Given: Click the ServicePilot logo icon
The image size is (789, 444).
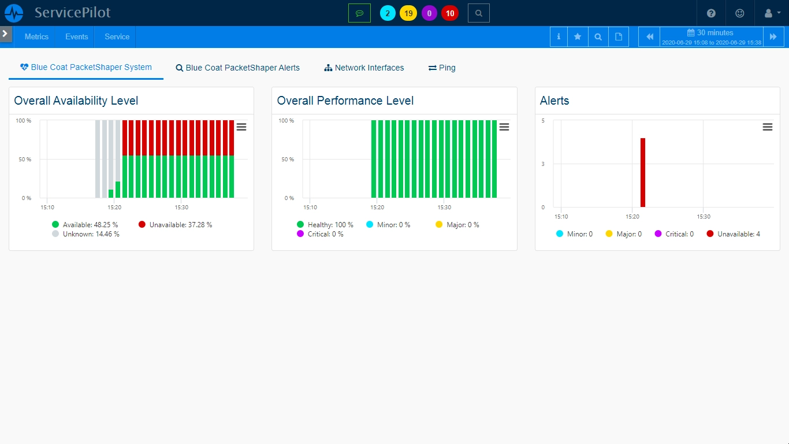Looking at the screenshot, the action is (14, 13).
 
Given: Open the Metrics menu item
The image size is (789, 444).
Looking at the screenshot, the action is (36, 36).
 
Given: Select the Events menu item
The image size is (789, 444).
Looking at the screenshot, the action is (76, 36).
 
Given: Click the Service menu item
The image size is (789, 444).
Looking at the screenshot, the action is (117, 36).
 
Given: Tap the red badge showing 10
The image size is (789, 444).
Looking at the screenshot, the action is (450, 13).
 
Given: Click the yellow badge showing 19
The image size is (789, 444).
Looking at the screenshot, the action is (408, 13).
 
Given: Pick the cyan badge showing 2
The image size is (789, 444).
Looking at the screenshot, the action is (388, 13).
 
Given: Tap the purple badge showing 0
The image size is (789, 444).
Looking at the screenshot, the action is (429, 13).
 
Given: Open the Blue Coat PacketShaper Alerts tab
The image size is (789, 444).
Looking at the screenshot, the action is (238, 68).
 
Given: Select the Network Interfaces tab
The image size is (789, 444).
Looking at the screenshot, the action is (364, 68).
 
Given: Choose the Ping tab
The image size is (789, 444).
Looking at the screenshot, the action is (442, 68).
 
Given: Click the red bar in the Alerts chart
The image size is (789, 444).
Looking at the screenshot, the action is (642, 172).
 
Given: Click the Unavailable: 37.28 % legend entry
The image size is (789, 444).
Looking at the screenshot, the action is (176, 225).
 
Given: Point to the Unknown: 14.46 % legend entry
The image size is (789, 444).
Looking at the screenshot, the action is (85, 234).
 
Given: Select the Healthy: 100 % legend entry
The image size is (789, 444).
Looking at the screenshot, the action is (325, 225).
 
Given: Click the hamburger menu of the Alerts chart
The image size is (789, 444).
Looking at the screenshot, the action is (767, 127).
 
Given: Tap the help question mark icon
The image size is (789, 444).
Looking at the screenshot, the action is (711, 13).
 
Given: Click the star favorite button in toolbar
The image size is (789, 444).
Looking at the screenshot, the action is (577, 36).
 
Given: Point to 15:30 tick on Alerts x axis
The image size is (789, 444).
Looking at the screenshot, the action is (704, 217).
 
